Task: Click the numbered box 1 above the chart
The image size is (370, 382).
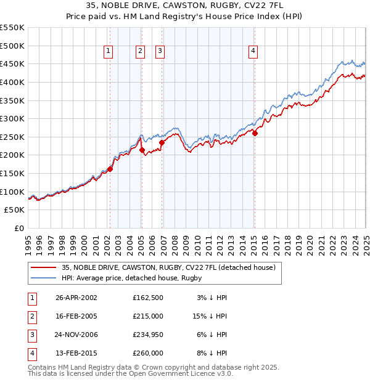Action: (x=109, y=51)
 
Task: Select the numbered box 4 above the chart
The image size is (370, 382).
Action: (x=253, y=51)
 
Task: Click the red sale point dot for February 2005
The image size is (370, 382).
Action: (x=142, y=150)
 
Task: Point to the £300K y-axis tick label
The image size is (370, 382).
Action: (x=12, y=118)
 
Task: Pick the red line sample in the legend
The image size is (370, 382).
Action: (x=43, y=267)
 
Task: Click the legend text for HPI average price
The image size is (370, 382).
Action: (x=132, y=278)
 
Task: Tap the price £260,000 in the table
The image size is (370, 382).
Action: (x=148, y=353)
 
